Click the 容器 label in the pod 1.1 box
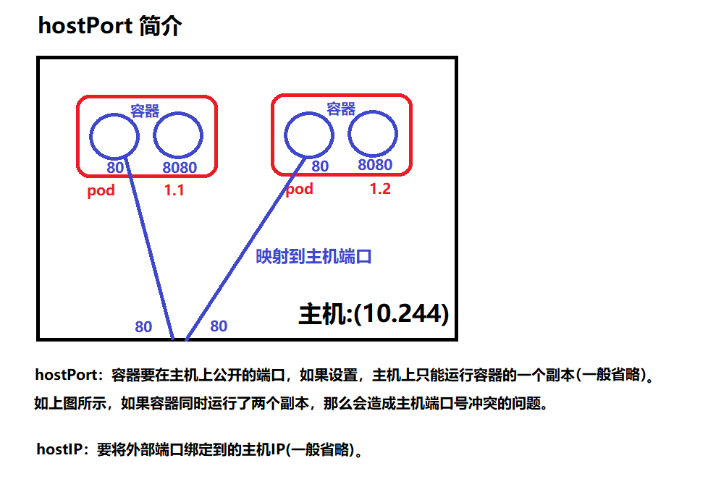click(145, 111)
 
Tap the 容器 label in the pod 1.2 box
click(340, 109)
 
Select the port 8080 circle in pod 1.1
click(178, 135)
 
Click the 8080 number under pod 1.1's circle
click(180, 168)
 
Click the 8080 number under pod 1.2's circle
click(375, 165)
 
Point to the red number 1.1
click(174, 192)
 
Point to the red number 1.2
click(380, 189)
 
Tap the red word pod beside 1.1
click(101, 192)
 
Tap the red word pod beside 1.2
click(299, 190)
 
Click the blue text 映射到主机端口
click(313, 257)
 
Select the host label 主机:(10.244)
click(374, 314)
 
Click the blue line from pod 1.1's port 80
click(150, 246)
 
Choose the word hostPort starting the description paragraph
click(65, 376)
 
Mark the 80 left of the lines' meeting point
click(143, 327)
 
